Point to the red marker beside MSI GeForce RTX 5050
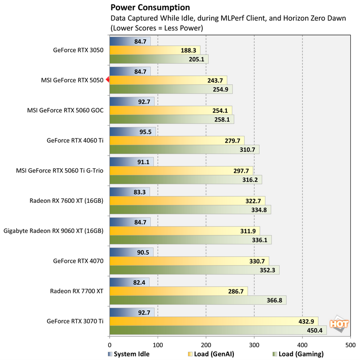click(x=108, y=80)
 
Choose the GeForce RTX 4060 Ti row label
click(x=75, y=140)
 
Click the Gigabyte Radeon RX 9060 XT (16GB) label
click(x=53, y=230)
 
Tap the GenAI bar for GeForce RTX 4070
click(x=189, y=261)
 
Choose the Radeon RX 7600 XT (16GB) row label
click(x=66, y=200)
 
